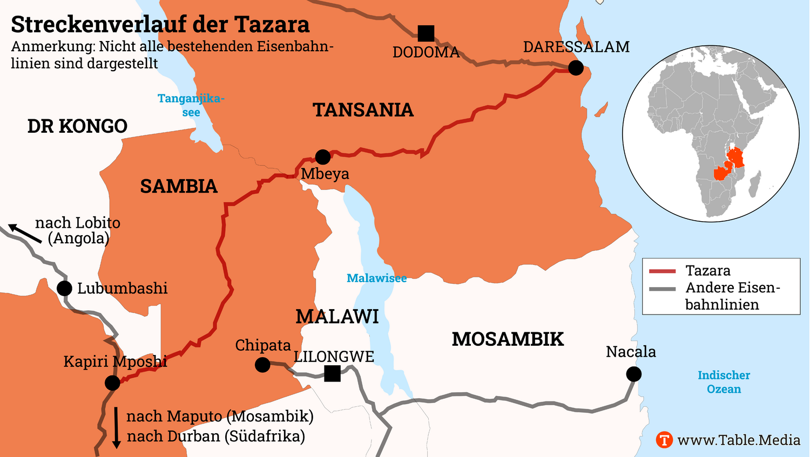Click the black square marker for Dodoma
tap(426, 33)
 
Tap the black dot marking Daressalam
tap(576, 68)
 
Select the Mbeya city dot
tap(323, 157)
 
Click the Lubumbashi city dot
tap(64, 288)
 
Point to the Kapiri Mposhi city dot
tap(112, 383)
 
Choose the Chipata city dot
tap(262, 365)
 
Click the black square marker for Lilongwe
tap(332, 373)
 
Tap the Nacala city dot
tap(634, 374)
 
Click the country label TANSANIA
tap(363, 110)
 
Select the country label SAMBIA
tap(178, 187)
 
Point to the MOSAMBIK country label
tap(508, 339)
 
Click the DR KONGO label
tap(77, 126)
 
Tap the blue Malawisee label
tap(376, 278)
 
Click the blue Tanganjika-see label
tap(191, 105)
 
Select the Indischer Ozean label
tap(724, 382)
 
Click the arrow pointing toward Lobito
tap(24, 233)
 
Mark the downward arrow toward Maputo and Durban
tap(116, 428)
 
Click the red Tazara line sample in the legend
tap(662, 271)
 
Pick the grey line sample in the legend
tap(662, 289)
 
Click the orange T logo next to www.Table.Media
tap(664, 440)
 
